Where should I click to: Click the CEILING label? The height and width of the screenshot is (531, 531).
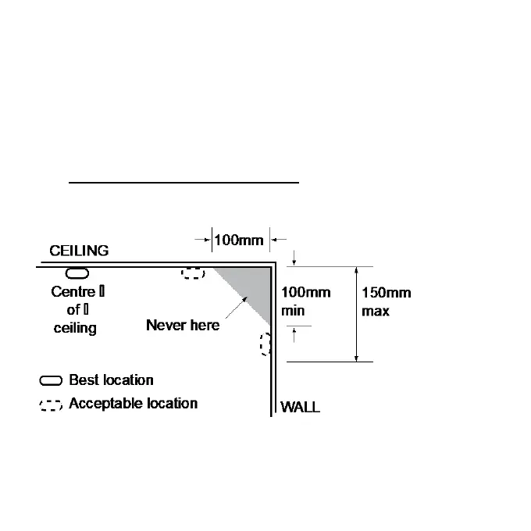coord(79,251)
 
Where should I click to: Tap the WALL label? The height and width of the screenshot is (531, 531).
coord(300,407)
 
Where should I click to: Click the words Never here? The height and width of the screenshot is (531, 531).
coord(183,325)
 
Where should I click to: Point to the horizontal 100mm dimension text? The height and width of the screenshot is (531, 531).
coord(239,240)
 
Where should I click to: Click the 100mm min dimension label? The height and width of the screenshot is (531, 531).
coord(306,301)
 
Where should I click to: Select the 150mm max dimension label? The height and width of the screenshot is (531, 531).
coord(386,301)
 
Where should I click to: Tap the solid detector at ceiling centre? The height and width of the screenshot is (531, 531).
coord(77,273)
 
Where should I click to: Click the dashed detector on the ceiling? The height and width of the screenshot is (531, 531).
coord(193,273)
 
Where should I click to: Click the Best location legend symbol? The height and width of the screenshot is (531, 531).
coord(52,381)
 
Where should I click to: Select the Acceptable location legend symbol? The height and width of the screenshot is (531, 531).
coord(52,405)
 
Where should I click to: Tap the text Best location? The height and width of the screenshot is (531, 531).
coord(111,380)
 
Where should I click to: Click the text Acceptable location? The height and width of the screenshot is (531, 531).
coord(133,404)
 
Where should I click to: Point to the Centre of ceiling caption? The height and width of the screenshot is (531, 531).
coord(75,310)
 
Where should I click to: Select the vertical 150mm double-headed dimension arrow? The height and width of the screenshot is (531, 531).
coord(357,314)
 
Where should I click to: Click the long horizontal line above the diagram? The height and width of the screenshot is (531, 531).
coord(184,182)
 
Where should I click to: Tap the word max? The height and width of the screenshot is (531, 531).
coord(376,311)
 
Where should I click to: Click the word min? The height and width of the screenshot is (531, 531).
coord(292,311)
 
